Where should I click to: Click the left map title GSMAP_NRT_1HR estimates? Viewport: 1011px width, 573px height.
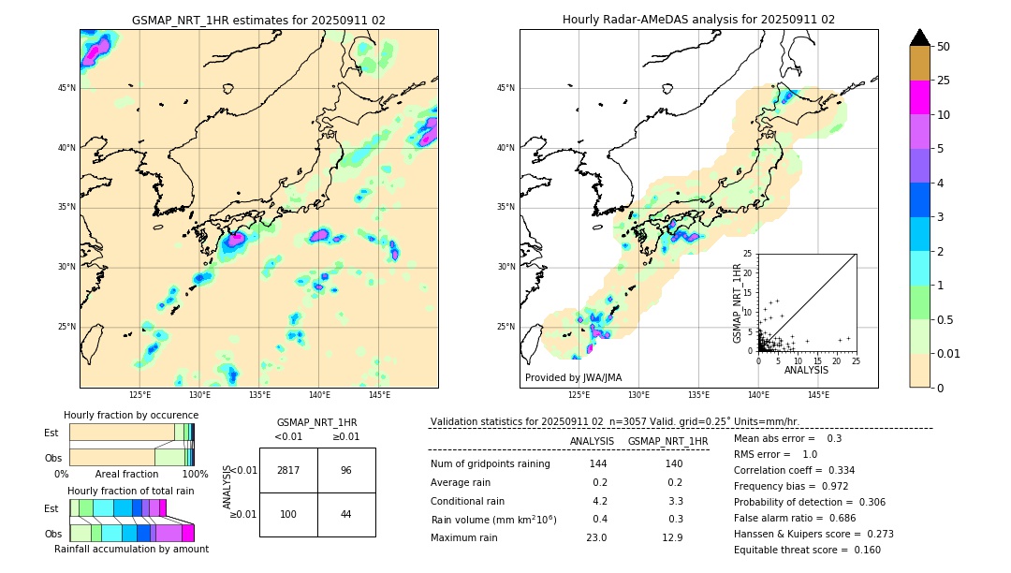(258, 20)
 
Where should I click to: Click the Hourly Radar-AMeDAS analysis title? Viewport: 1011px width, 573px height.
(698, 20)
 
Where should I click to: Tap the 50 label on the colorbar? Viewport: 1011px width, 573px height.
(944, 47)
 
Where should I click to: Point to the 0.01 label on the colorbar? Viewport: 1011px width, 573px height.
(949, 353)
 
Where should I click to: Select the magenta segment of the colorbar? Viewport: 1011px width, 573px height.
(919, 97)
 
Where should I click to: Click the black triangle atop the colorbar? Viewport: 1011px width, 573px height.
(919, 37)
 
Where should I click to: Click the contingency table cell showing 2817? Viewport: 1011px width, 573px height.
(288, 470)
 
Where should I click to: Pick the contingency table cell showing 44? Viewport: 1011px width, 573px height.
(346, 515)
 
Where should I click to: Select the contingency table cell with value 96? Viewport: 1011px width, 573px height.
(346, 470)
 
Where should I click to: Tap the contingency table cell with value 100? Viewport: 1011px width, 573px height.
(288, 515)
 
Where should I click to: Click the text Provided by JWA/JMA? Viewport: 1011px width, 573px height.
(573, 378)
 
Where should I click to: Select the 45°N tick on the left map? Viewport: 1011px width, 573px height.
(66, 88)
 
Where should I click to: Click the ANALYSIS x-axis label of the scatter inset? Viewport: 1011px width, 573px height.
(806, 370)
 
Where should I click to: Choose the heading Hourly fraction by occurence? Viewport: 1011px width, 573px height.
(131, 415)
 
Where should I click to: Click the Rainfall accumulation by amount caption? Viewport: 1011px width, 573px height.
(131, 549)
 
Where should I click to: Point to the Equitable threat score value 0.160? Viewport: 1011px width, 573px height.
(860, 550)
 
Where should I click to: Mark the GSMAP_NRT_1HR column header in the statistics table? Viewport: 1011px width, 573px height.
(667, 441)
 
